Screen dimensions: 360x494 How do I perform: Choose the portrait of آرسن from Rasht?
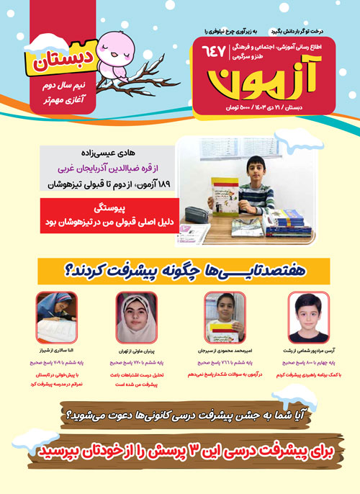pyautogui.click(x=307, y=315)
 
